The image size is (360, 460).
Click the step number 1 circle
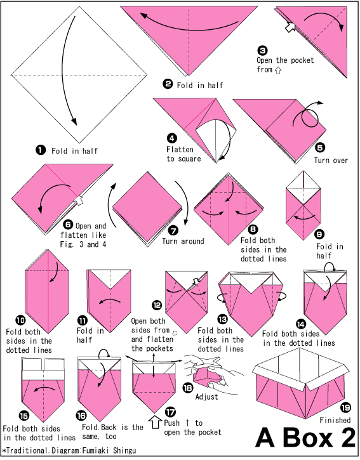click(41, 150)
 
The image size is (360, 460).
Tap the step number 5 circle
click(319, 147)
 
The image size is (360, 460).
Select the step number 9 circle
click(320, 233)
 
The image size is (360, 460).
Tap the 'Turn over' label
click(331, 161)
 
